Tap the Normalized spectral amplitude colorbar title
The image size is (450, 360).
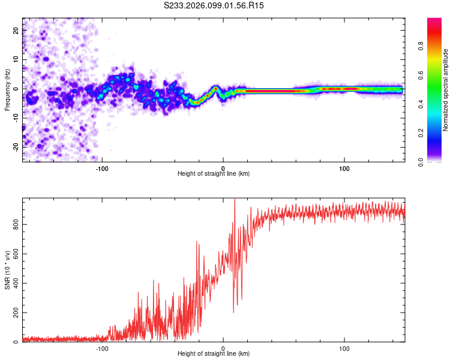click(446, 90)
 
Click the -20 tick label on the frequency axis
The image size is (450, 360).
click(17, 146)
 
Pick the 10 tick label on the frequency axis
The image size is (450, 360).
click(17, 60)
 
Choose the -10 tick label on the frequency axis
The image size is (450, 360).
click(17, 118)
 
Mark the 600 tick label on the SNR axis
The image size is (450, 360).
click(17, 254)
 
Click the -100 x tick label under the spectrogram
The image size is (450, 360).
click(102, 167)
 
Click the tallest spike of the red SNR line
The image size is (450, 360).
click(235, 201)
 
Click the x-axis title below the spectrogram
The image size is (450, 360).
click(214, 173)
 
